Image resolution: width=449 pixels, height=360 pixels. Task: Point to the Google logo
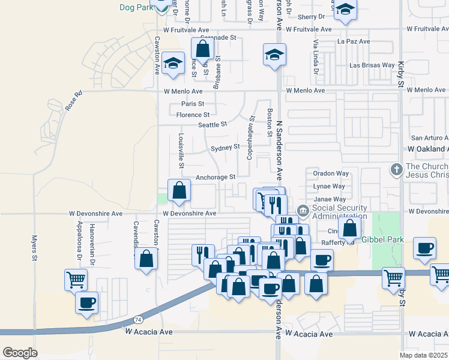coord(20,353)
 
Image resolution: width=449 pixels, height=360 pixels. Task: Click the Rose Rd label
coord(73,101)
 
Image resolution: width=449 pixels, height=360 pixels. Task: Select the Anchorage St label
coord(215,178)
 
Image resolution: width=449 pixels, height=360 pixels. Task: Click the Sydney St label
coord(225,147)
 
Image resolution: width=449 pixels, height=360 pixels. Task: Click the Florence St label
coord(193,115)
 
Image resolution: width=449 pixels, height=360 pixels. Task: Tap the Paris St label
coord(193,104)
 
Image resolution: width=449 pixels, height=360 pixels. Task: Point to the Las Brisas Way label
coord(372,65)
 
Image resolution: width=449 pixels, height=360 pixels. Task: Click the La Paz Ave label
coord(354,42)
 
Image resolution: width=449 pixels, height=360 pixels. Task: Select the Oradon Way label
coord(331,173)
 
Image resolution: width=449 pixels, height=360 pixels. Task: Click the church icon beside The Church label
coord(396,170)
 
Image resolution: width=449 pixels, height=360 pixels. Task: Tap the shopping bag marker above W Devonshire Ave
coord(179,191)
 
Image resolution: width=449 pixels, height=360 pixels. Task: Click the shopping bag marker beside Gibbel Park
coord(349,227)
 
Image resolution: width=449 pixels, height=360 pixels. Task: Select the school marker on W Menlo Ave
coord(173,64)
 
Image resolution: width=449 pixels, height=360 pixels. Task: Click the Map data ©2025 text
coord(423,355)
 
